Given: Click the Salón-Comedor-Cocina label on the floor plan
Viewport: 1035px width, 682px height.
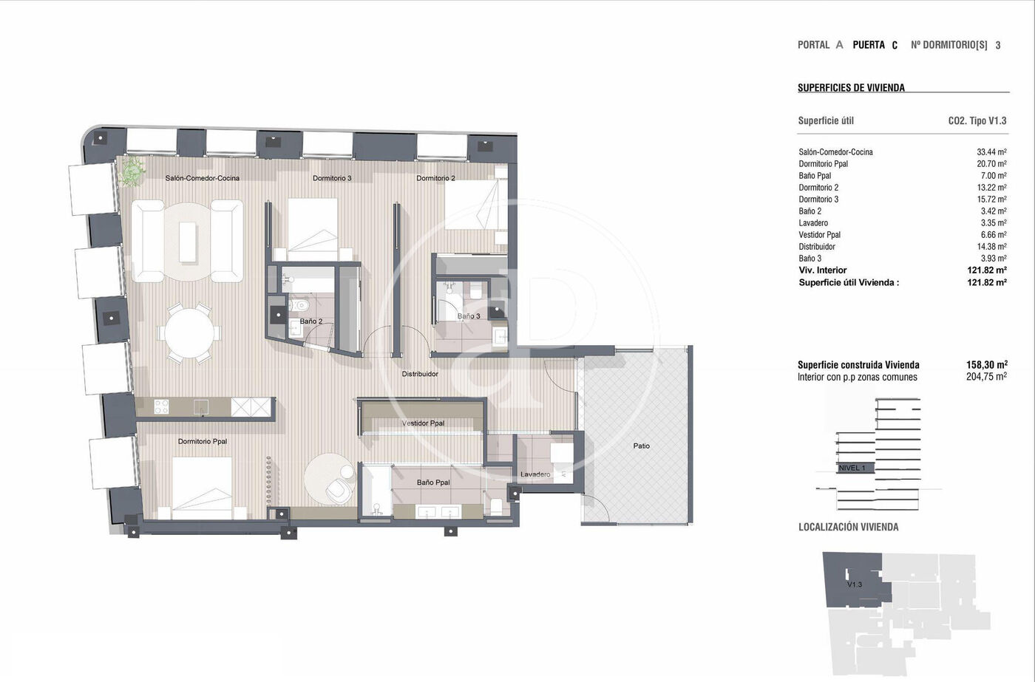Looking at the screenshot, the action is pyautogui.click(x=203, y=178).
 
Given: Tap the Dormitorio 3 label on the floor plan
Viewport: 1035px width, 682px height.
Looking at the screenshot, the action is pyautogui.click(x=332, y=178).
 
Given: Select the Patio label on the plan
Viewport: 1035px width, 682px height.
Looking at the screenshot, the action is pyautogui.click(x=642, y=446).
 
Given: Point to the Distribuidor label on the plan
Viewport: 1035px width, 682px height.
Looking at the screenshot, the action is pyautogui.click(x=420, y=374).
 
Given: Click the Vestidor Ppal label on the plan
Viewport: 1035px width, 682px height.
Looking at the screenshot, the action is pyautogui.click(x=423, y=423).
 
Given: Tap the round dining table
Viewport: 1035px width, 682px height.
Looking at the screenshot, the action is pyautogui.click(x=189, y=333).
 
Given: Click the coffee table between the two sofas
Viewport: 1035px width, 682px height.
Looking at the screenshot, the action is pyautogui.click(x=188, y=242).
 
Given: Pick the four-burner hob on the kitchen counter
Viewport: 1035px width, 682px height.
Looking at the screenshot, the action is pyautogui.click(x=161, y=407).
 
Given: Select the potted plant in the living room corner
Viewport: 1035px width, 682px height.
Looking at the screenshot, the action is pyautogui.click(x=132, y=171).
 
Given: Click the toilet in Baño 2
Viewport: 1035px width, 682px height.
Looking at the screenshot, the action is pyautogui.click(x=300, y=304).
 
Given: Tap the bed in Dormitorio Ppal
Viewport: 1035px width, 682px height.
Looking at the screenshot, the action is pyautogui.click(x=202, y=488).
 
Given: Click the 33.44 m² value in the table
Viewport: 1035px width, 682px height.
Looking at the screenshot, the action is pyautogui.click(x=991, y=152).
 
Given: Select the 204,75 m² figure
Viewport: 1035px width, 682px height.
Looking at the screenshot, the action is pyautogui.click(x=986, y=377).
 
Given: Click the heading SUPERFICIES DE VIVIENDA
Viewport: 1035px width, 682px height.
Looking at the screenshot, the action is pyautogui.click(x=851, y=88).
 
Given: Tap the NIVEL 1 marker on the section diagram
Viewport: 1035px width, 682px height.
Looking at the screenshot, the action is pyautogui.click(x=851, y=468).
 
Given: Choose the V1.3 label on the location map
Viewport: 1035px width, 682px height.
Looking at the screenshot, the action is pyautogui.click(x=855, y=584).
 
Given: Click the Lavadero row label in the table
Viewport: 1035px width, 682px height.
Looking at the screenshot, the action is pyautogui.click(x=813, y=223).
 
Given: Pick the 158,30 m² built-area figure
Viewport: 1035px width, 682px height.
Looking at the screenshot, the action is pyautogui.click(x=986, y=365).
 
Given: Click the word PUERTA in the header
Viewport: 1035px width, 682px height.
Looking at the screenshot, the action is pyautogui.click(x=869, y=45).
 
